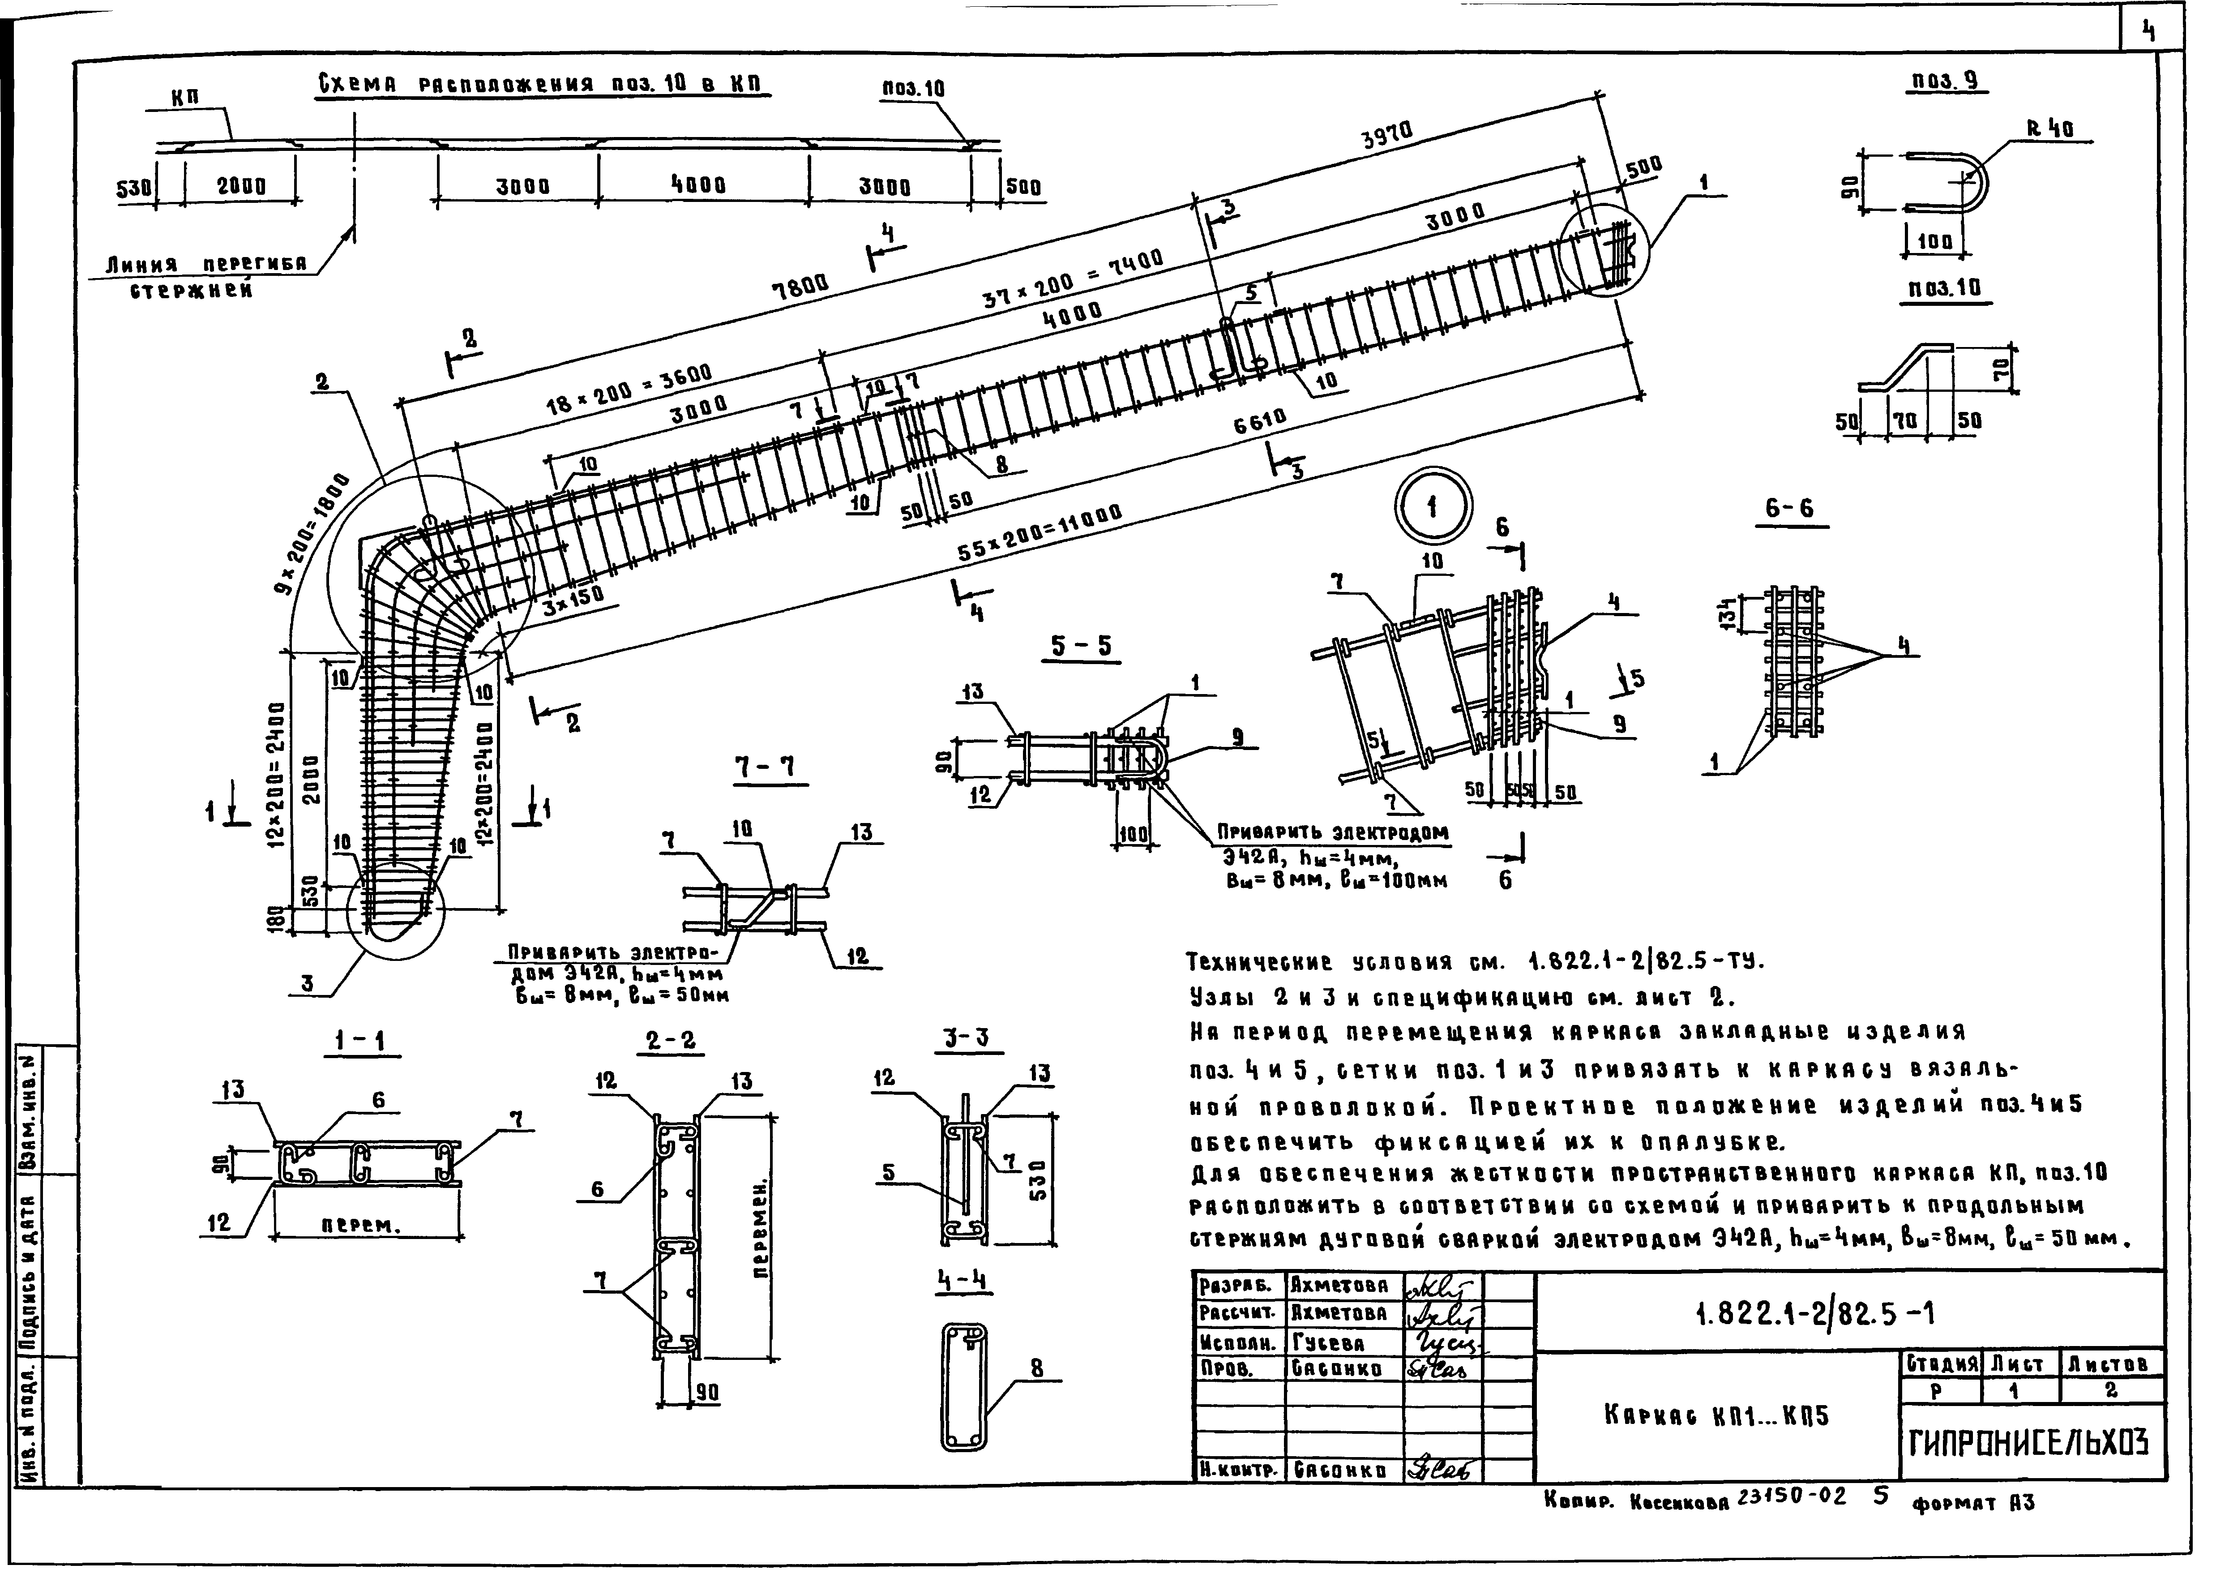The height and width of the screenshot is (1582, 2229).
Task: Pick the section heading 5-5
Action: coord(1081,646)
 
